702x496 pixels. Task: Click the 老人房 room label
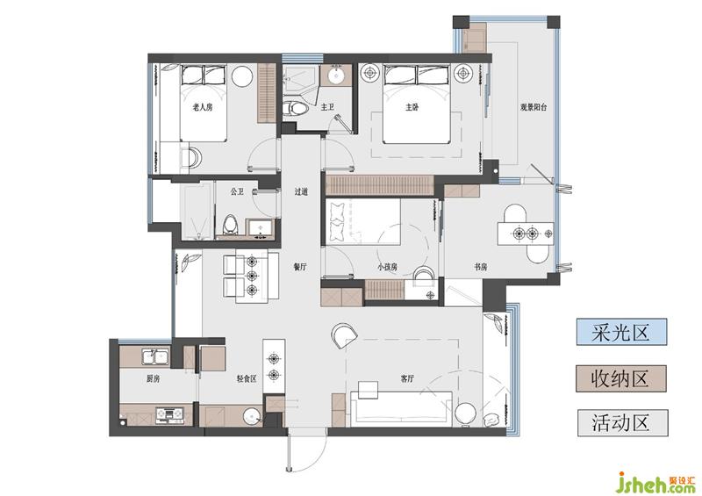[x=203, y=107]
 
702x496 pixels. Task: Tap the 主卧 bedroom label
[x=412, y=107]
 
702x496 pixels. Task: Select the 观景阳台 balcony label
[x=534, y=107]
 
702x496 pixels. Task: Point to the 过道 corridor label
[x=301, y=191]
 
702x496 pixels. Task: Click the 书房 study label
[x=480, y=267]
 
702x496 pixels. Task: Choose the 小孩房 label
[x=387, y=267]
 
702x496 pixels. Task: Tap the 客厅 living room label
[x=407, y=378]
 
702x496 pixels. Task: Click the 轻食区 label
[x=247, y=378]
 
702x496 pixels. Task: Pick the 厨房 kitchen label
[x=153, y=378]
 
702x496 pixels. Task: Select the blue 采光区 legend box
[x=621, y=332]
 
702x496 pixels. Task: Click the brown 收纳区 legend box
[x=621, y=378]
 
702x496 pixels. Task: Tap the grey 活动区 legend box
[x=622, y=422]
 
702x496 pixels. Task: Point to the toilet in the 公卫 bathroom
[x=230, y=224]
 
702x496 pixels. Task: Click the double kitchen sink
[x=155, y=357]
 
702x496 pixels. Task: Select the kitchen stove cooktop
[x=169, y=415]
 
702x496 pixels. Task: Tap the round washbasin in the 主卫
[x=336, y=75]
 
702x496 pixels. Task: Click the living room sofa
[x=402, y=407]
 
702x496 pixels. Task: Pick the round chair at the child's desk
[x=423, y=276]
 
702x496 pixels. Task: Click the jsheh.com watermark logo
[x=657, y=482]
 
